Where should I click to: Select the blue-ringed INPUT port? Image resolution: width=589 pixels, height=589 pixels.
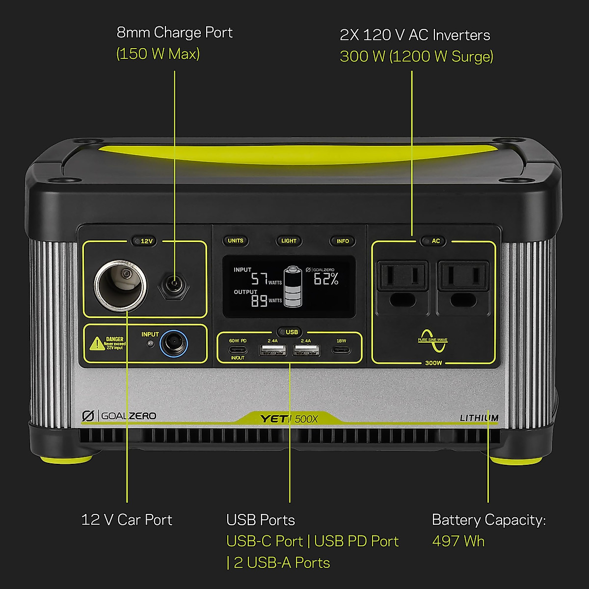(x=174, y=344)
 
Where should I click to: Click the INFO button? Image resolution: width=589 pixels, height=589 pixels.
(x=343, y=241)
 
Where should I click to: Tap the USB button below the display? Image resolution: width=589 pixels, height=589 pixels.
(x=292, y=332)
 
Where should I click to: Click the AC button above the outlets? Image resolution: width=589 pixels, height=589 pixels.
(x=435, y=241)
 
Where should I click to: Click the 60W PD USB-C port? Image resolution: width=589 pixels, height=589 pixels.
(x=238, y=350)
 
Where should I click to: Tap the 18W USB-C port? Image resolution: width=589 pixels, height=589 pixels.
(x=341, y=350)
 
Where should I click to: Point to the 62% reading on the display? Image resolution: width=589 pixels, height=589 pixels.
(x=326, y=279)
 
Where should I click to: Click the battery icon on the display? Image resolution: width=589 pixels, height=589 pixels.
(x=294, y=287)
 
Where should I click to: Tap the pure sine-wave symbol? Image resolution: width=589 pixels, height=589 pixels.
(x=433, y=340)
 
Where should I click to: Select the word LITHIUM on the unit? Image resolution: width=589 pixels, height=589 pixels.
(x=479, y=418)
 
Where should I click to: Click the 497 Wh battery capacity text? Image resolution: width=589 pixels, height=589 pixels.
(x=458, y=541)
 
